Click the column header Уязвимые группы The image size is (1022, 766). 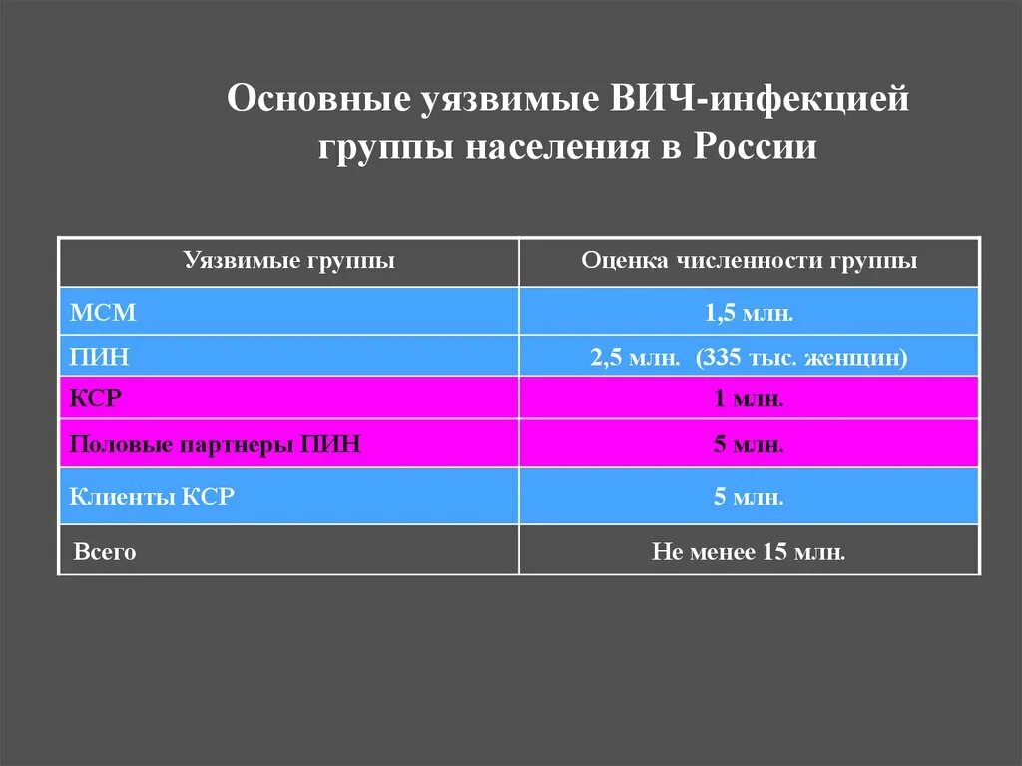click(x=288, y=261)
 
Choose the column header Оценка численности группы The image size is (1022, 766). click(x=749, y=261)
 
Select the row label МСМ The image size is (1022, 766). click(x=103, y=312)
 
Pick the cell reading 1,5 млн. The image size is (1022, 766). click(x=749, y=312)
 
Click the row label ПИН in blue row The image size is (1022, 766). click(x=100, y=357)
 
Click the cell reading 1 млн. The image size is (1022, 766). click(x=749, y=399)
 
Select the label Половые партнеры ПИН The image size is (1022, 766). click(x=215, y=445)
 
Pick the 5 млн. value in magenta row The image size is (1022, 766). click(x=749, y=445)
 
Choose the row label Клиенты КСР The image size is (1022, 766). click(x=152, y=496)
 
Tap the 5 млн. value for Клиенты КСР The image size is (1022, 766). click(x=749, y=496)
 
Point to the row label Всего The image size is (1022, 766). click(x=105, y=551)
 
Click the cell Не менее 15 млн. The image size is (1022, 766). click(x=749, y=551)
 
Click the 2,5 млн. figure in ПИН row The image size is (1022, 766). click(x=635, y=357)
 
